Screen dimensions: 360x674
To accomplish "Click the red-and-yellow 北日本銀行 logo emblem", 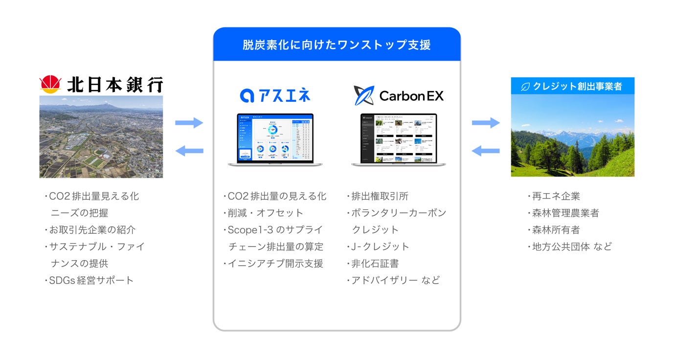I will [x=49, y=85].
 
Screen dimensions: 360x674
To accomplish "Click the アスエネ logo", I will [x=275, y=95].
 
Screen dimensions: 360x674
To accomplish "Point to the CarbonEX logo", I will [x=399, y=95].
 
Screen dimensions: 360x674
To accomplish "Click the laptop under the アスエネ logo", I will [x=275, y=140].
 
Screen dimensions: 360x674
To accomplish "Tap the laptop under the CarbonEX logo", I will [x=398, y=140].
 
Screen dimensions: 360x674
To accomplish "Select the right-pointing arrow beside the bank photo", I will [x=189, y=123].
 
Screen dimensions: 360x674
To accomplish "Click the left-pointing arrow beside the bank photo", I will [x=189, y=151].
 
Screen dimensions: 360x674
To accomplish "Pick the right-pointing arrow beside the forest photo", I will [x=486, y=123].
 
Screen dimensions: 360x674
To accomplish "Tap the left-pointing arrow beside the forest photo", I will [x=486, y=151].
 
